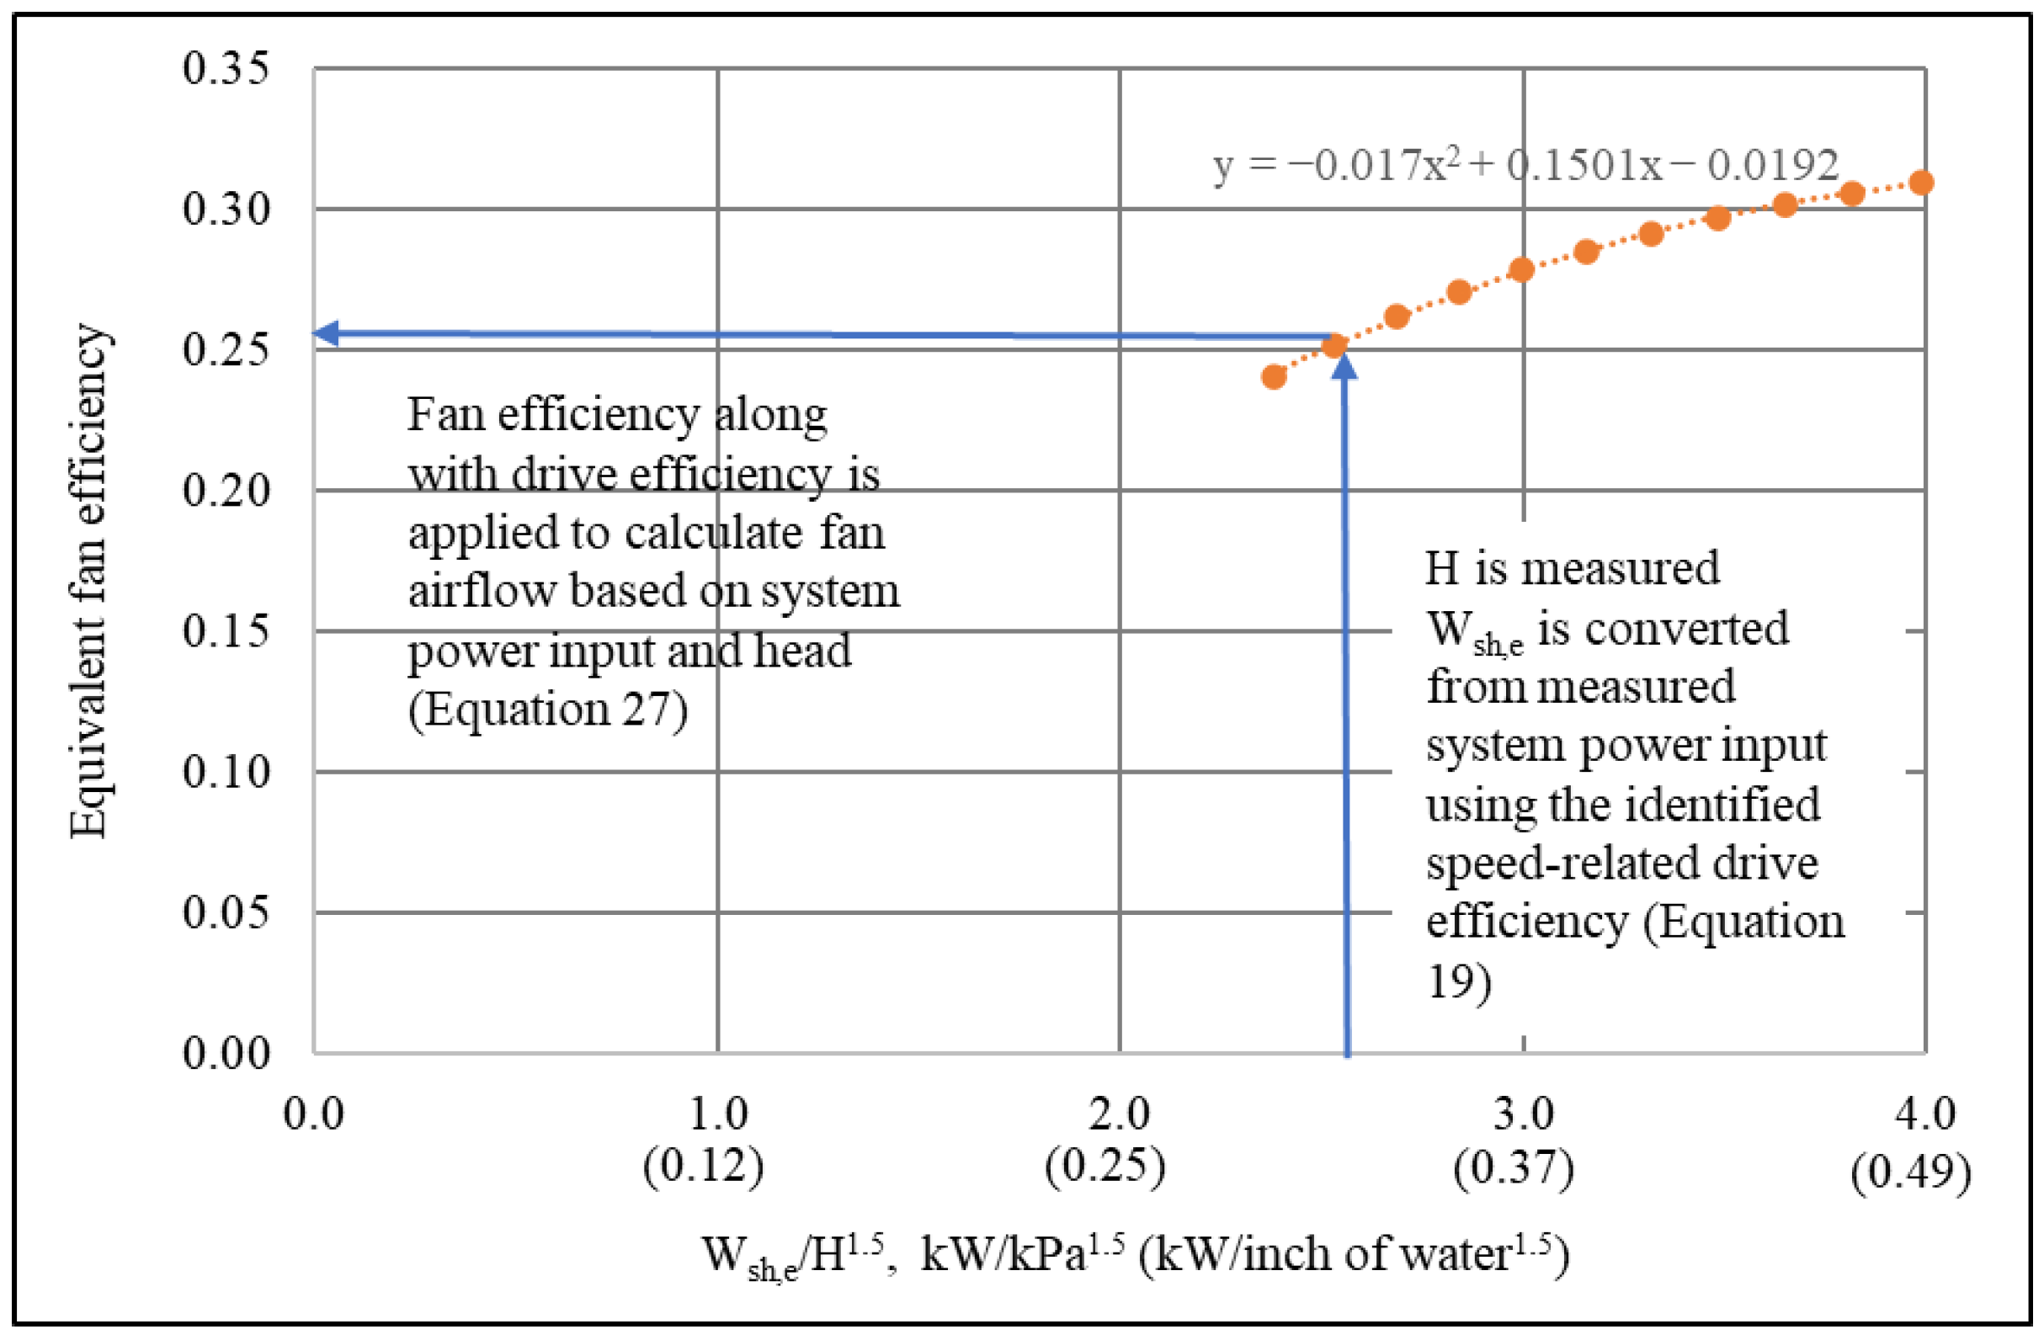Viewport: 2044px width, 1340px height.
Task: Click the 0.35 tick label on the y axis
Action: coord(226,68)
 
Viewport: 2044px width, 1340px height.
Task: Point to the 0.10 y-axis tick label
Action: coord(226,771)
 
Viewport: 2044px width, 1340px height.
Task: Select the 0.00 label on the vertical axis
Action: coord(226,1051)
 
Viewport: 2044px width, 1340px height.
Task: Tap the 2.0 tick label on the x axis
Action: coord(1119,1114)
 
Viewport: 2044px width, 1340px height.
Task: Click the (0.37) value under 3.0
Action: coord(1514,1167)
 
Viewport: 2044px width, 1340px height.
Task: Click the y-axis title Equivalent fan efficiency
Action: coord(88,581)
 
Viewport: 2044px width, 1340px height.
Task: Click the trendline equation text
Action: coord(1525,165)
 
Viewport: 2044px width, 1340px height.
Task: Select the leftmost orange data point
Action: coord(1274,377)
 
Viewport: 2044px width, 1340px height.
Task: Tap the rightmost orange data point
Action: coord(1921,183)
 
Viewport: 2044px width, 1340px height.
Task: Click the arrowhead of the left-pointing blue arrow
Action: coord(326,333)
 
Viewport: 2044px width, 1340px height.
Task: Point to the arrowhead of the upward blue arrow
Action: coord(1344,364)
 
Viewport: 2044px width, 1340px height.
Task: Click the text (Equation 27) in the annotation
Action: coord(548,710)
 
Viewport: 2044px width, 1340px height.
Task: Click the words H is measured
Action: coord(1572,568)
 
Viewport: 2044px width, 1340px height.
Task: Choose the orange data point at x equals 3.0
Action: coord(1521,270)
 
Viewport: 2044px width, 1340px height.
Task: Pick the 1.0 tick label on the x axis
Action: coord(718,1114)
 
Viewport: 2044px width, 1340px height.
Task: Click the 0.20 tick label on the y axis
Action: coord(226,490)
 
